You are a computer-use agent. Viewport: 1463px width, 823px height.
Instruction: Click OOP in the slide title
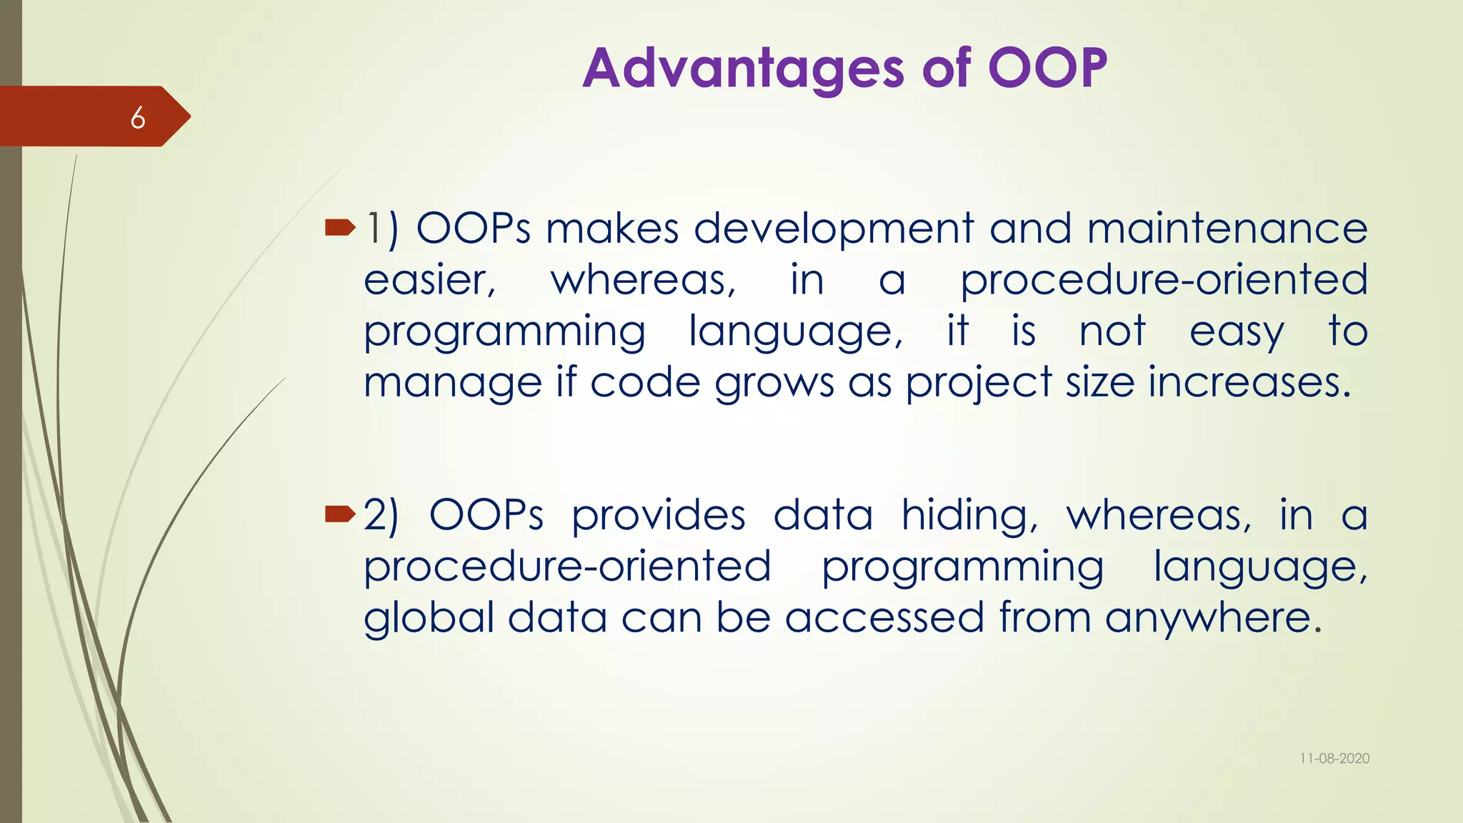click(x=1047, y=69)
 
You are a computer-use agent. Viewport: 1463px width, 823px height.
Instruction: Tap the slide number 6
click(x=138, y=118)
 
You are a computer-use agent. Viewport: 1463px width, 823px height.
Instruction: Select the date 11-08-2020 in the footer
click(x=1334, y=759)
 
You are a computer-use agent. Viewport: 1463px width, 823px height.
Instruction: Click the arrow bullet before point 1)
click(x=340, y=228)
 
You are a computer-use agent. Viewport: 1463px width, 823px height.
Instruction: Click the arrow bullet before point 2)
click(x=340, y=514)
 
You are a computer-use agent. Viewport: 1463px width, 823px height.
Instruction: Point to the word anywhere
click(x=1213, y=617)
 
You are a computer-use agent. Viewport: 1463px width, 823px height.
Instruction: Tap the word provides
click(x=659, y=516)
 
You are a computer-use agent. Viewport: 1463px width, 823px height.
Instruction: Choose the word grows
click(x=774, y=383)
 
